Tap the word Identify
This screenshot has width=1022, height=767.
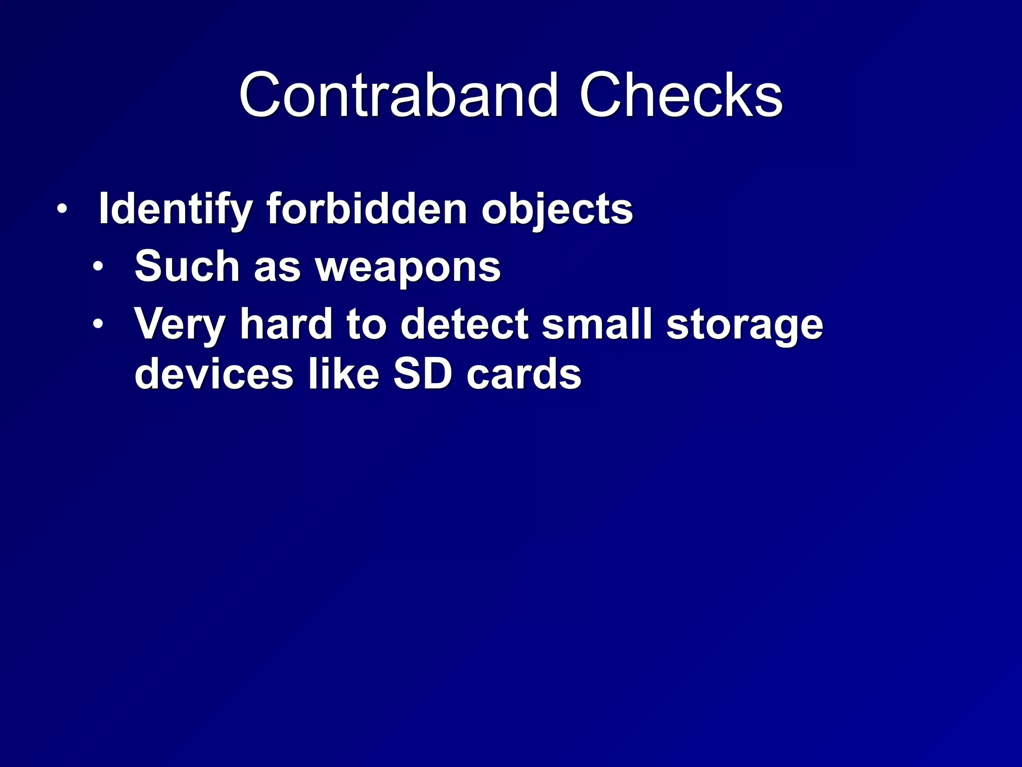click(175, 210)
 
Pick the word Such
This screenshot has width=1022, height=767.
click(187, 267)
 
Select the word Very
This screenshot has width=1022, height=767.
click(180, 325)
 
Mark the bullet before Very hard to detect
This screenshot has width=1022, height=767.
click(98, 324)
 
